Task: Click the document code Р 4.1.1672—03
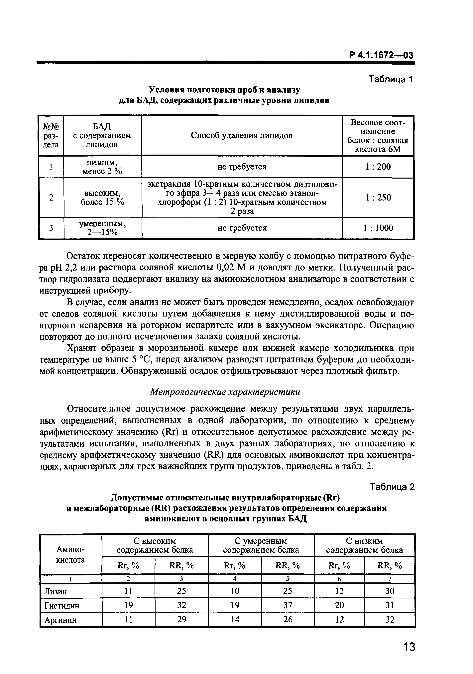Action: pos(381,55)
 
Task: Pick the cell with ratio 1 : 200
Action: pos(378,167)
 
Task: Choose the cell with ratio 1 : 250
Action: pos(378,197)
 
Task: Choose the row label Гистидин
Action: pos(62,606)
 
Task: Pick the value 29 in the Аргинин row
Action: pos(181,620)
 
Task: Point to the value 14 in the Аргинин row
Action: pos(235,620)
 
